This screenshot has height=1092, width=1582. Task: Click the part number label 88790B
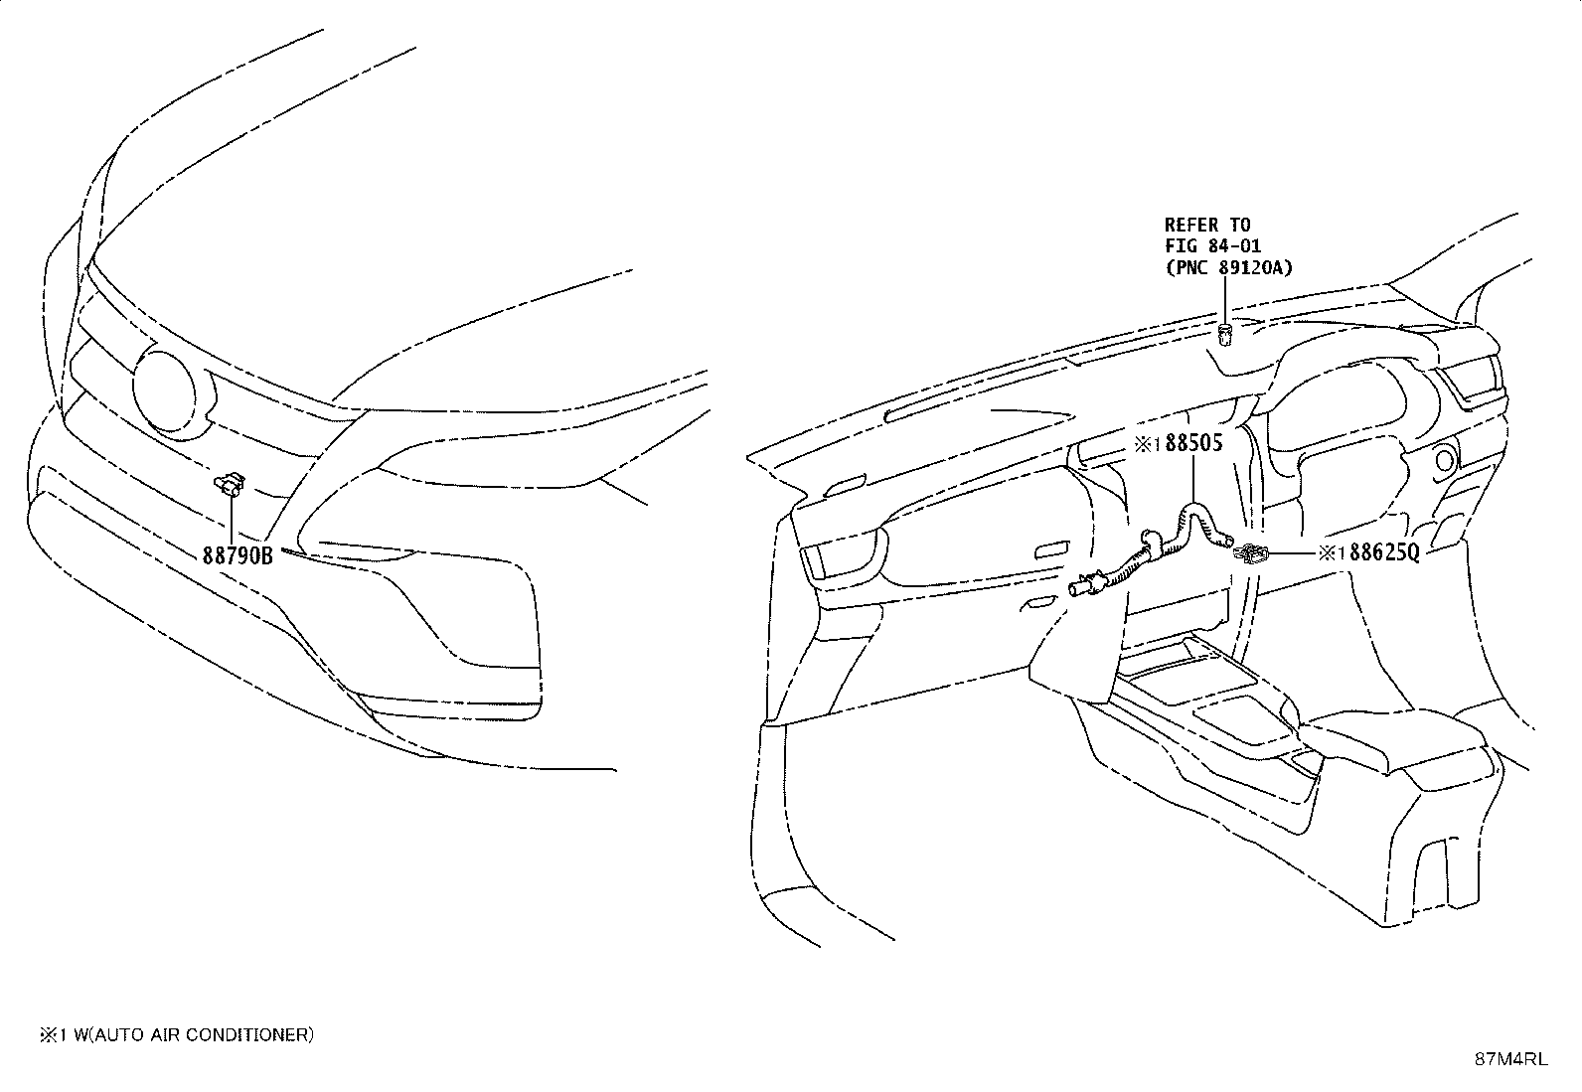[x=237, y=555]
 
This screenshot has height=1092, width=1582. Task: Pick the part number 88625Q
[x=1383, y=552]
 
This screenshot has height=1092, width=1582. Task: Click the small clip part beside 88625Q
[x=1251, y=553]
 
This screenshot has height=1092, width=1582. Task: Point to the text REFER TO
[x=1207, y=225]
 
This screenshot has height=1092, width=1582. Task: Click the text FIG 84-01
[x=1212, y=246]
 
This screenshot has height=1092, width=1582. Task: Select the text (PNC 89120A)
[x=1228, y=268]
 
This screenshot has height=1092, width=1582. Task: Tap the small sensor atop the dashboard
[x=1224, y=335]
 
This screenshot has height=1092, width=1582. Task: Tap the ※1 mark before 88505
[x=1148, y=444]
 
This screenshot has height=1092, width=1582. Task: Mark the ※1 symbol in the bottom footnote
[x=54, y=1034]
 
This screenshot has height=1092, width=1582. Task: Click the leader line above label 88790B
[x=231, y=521]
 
